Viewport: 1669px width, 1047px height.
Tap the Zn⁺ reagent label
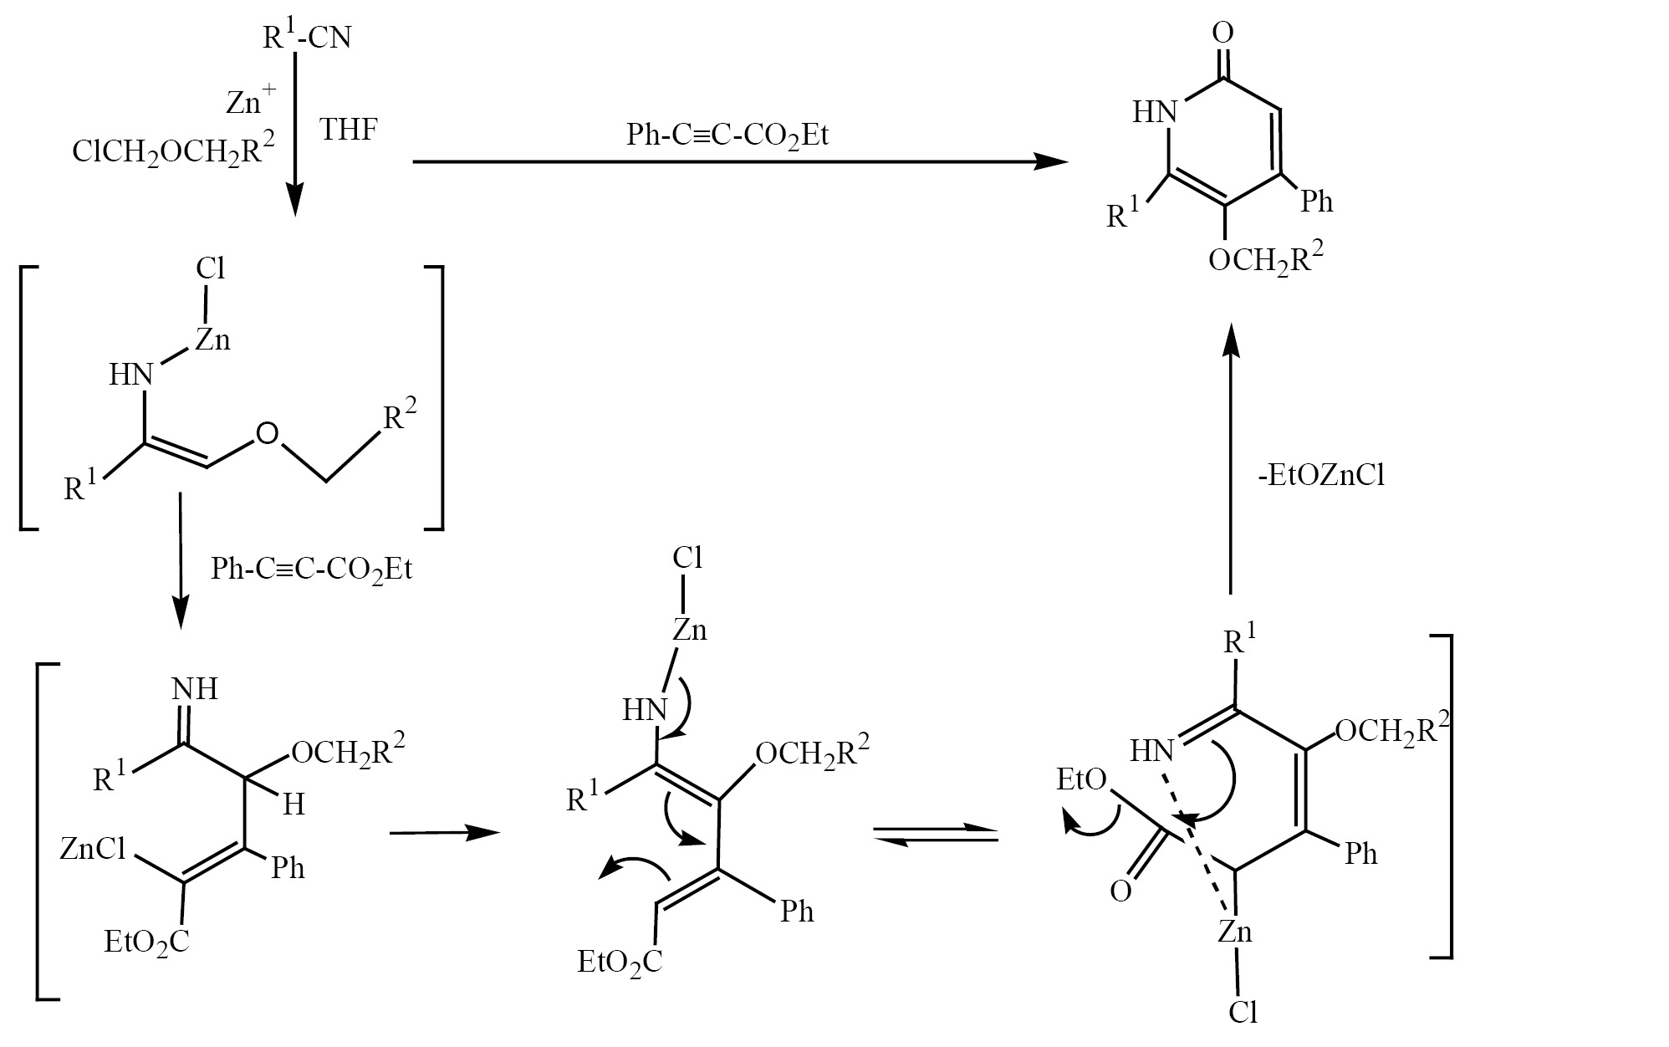point(251,100)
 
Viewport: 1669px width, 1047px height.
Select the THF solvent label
point(349,130)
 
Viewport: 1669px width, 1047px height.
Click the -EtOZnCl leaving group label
point(1321,476)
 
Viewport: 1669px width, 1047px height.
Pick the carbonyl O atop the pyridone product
point(1222,33)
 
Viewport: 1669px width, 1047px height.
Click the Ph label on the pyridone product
point(1316,202)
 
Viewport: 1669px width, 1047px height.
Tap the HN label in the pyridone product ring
point(1155,111)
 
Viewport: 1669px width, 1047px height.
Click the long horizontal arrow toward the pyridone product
point(741,162)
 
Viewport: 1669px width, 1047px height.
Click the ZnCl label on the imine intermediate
point(93,850)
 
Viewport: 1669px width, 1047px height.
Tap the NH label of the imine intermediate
point(195,689)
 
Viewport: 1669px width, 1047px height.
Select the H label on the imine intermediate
point(293,804)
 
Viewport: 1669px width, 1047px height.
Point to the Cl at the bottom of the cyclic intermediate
point(1243,1013)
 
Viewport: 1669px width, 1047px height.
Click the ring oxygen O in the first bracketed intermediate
point(267,433)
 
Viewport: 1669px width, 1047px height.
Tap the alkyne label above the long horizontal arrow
point(727,135)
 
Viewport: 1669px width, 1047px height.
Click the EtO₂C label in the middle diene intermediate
point(620,962)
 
